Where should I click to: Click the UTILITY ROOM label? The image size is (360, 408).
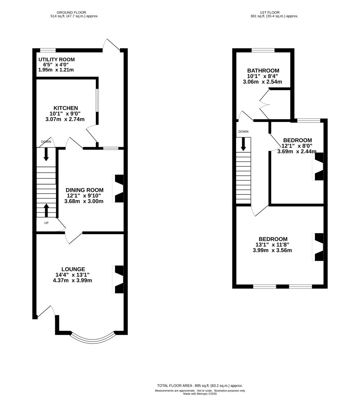pos(56,60)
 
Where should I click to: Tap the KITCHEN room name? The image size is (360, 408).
pos(66,108)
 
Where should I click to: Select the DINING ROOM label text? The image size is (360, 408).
pos(85,190)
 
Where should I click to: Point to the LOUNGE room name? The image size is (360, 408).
pos(73,269)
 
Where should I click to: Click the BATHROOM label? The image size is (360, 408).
pos(263,71)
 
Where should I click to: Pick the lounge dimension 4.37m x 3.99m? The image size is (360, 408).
pos(72,280)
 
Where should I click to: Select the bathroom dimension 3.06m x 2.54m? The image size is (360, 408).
pos(262,82)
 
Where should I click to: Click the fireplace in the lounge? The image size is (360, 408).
pos(118,280)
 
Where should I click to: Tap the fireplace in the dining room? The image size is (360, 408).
pos(118,189)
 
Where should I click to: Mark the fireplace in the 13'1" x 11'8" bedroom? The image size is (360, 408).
pos(318,247)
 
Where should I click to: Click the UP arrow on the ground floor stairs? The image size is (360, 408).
pos(46,210)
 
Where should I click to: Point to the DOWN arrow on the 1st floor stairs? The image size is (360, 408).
pos(243,144)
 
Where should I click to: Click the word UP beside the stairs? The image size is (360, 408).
pos(46,223)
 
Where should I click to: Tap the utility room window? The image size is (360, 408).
pos(48,50)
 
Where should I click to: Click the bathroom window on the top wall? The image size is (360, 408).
pos(263,50)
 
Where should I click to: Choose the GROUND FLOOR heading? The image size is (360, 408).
pos(71,12)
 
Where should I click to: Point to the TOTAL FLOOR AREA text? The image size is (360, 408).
pos(200,386)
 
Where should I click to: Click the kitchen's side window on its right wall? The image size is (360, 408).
pos(97,100)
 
